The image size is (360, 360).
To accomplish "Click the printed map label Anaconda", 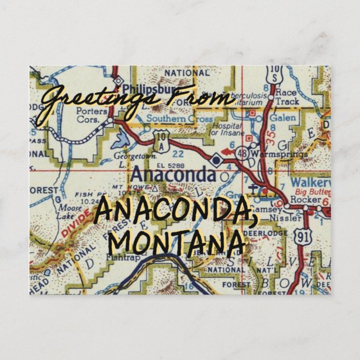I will [173, 176].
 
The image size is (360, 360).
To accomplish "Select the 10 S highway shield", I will [274, 73].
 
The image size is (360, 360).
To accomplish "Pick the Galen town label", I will [282, 118].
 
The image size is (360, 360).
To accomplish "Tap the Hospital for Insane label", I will [226, 130].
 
